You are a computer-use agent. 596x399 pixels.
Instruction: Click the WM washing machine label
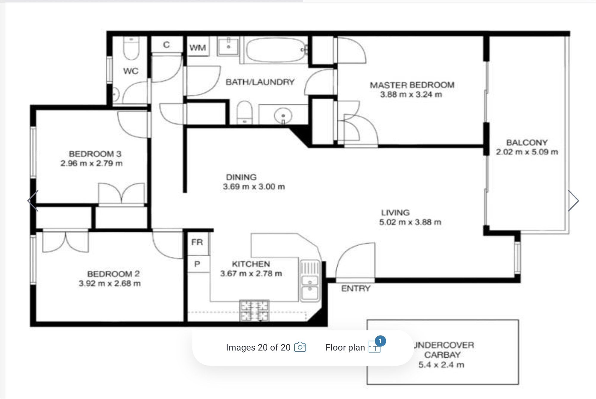point(198,48)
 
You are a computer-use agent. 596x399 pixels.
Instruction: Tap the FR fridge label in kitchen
point(197,242)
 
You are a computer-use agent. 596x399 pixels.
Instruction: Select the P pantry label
point(197,264)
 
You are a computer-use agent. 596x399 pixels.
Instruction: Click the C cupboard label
point(166,45)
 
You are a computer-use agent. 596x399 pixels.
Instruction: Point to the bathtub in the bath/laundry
point(276,50)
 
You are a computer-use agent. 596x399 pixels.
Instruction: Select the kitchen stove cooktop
point(254,310)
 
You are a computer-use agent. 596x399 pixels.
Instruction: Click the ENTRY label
point(356,288)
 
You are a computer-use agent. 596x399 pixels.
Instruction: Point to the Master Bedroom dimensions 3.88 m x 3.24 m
point(411,94)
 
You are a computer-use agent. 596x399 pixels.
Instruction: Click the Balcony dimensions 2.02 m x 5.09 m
point(527,152)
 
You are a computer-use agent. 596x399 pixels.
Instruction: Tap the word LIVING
point(395,213)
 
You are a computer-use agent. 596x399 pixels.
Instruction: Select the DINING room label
point(241,177)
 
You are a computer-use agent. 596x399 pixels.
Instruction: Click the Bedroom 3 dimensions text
point(91,163)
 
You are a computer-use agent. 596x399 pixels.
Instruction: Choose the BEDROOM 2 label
point(114,274)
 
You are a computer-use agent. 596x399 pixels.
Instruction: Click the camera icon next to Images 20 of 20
point(300,347)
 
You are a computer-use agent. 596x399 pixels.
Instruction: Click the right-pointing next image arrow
point(574,201)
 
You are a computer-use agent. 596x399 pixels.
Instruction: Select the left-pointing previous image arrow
point(33,201)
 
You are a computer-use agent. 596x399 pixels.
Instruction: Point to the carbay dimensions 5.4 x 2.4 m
point(441,365)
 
